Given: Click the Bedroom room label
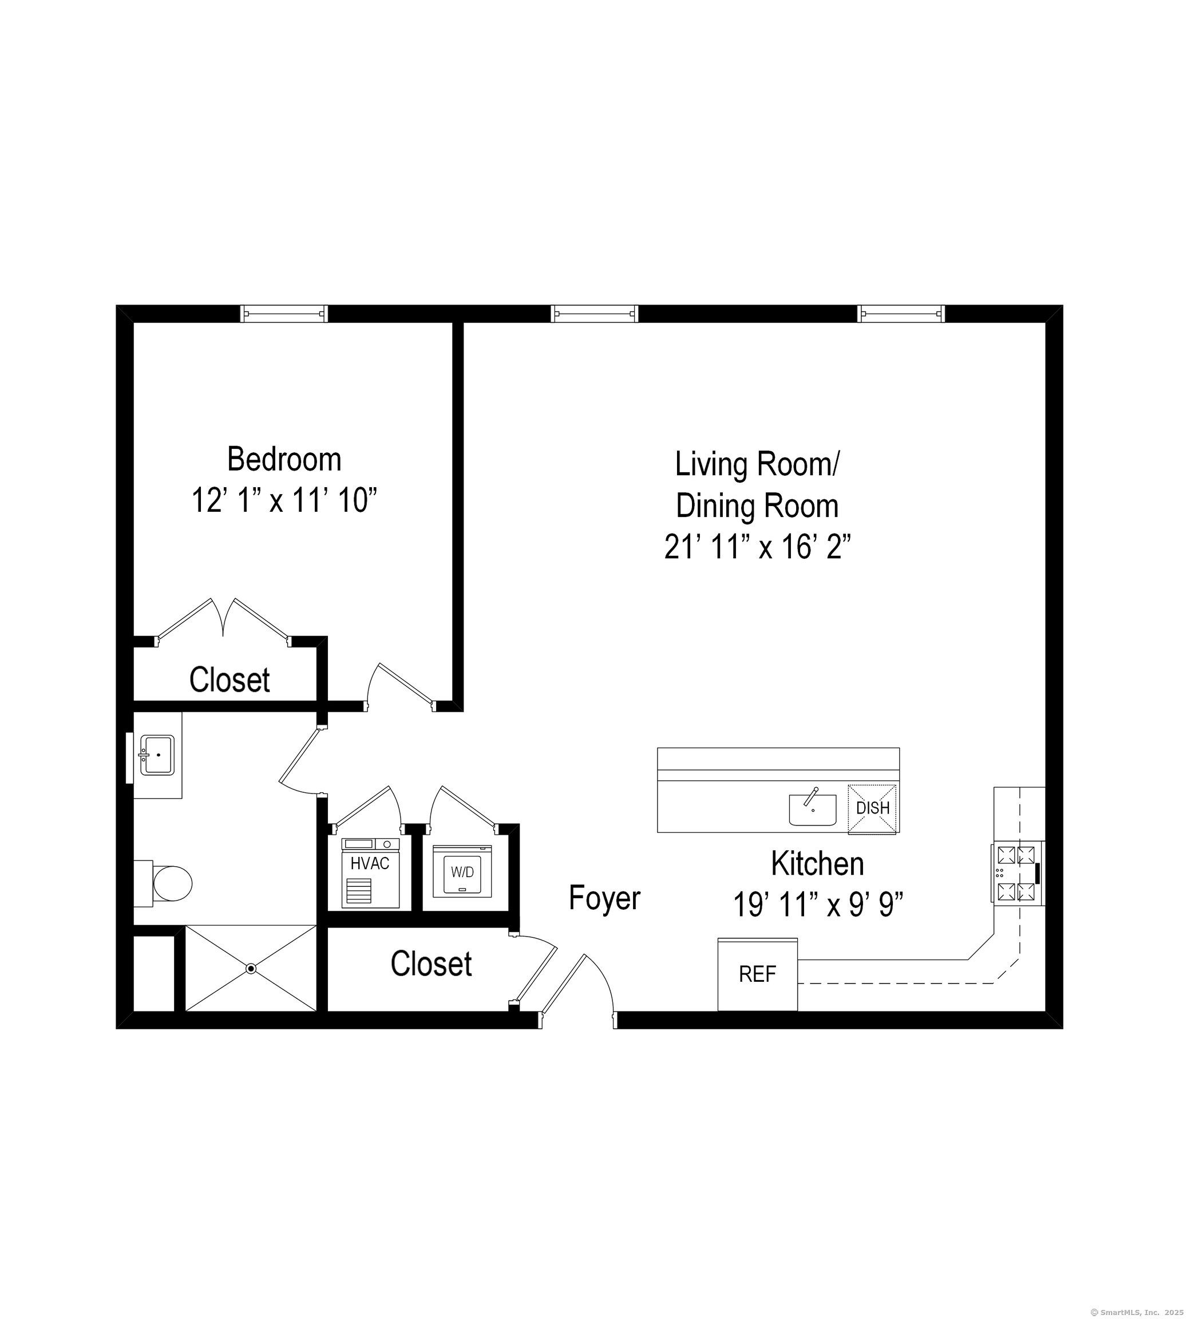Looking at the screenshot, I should tap(284, 460).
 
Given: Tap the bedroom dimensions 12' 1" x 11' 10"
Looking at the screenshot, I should tap(284, 501).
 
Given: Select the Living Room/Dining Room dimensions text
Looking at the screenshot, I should tap(757, 547).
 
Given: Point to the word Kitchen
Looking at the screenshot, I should tap(817, 864).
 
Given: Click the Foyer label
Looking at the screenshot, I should tap(604, 898).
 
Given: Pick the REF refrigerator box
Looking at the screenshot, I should tap(757, 974).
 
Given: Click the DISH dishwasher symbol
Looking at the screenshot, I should tap(872, 808).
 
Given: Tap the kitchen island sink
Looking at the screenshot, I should tap(812, 809).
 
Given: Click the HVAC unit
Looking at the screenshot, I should tap(370, 873).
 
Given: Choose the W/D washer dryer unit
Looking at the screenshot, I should tap(462, 871).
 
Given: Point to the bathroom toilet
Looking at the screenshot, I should tap(171, 883).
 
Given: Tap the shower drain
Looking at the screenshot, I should tap(251, 969).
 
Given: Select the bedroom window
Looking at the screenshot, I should tap(284, 314).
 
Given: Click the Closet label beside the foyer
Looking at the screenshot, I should tap(430, 964).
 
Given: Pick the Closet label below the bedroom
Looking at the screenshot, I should tap(229, 680).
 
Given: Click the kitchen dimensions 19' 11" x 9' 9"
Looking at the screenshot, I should tap(817, 905).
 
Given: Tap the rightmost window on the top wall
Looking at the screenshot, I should tap(901, 314).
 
